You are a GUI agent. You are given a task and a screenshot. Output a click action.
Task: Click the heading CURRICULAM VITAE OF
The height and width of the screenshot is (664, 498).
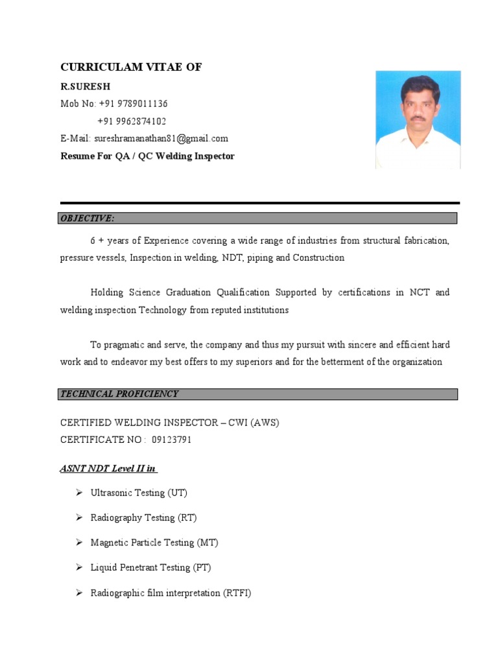pyautogui.click(x=131, y=67)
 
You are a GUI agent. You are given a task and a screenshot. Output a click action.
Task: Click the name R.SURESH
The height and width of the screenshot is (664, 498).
pyautogui.click(x=86, y=86)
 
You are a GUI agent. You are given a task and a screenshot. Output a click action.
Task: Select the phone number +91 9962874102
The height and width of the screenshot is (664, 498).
pyautogui.click(x=132, y=121)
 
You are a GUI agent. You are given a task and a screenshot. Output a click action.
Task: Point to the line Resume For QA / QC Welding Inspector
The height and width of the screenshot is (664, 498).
pyautogui.click(x=147, y=156)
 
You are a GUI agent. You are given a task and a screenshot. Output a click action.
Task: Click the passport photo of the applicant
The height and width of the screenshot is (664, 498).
pyautogui.click(x=418, y=120)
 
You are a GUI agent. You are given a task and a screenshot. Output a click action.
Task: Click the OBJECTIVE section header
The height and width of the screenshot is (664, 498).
pyautogui.click(x=88, y=219)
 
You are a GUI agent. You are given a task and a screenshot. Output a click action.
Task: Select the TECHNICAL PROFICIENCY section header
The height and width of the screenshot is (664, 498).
pyautogui.click(x=119, y=394)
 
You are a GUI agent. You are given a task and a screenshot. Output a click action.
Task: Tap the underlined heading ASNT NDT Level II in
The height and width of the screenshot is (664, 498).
pyautogui.click(x=108, y=468)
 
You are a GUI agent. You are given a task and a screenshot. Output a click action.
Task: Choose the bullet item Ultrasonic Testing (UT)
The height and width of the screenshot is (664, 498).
pyautogui.click(x=139, y=493)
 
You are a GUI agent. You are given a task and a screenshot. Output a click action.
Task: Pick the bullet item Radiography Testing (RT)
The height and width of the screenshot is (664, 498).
pyautogui.click(x=143, y=517)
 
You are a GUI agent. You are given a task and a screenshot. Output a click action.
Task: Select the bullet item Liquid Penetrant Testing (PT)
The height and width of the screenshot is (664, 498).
pyautogui.click(x=150, y=567)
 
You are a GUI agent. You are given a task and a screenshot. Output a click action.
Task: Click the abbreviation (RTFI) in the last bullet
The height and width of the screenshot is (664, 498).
pyautogui.click(x=237, y=593)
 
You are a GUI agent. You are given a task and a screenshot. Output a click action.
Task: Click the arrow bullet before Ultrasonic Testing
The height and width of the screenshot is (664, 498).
pyautogui.click(x=78, y=493)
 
